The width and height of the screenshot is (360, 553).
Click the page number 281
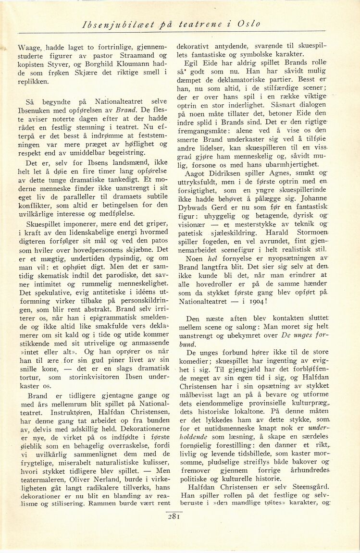(x=174, y=517)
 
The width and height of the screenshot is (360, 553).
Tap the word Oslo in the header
(x=248, y=24)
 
